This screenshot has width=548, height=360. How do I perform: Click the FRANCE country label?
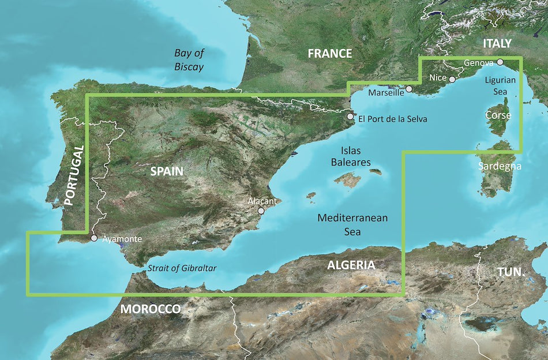329,54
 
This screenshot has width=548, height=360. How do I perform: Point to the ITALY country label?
497,43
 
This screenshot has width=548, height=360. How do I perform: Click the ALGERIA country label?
351,265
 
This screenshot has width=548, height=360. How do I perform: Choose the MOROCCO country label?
150,309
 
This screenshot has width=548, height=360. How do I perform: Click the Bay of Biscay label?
189,60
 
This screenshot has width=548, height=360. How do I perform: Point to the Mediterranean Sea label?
352,224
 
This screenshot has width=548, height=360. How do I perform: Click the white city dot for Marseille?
409,89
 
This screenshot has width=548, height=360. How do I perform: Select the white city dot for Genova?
500,62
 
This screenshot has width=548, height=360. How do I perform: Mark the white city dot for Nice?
453,80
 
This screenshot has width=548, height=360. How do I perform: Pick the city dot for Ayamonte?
94,237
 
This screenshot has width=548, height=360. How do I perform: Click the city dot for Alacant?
261,211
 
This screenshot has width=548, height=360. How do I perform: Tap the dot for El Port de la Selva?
350,117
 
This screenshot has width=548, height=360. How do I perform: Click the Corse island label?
497,115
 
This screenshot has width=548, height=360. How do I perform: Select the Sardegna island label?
500,166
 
